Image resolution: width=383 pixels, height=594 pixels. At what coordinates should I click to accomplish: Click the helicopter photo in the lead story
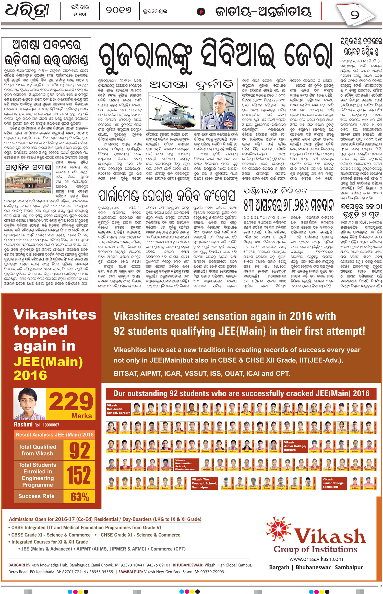(x=173, y=111)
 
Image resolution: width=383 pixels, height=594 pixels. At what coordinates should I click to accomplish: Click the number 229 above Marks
(x=71, y=402)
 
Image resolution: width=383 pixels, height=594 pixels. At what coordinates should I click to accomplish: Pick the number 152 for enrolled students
(x=79, y=475)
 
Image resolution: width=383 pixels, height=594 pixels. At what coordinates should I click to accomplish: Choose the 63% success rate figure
(x=79, y=497)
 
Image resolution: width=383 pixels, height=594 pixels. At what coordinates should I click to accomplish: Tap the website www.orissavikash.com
(x=316, y=559)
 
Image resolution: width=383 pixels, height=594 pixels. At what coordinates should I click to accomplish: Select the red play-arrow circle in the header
(x=201, y=11)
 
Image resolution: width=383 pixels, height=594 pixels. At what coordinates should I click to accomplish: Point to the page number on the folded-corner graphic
(x=355, y=15)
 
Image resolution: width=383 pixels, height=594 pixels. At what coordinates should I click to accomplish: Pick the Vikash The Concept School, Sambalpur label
(x=204, y=483)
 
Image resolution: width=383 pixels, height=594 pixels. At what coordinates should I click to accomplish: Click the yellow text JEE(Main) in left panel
(x=48, y=362)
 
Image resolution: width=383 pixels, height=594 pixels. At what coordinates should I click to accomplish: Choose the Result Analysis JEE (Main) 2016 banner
(x=54, y=435)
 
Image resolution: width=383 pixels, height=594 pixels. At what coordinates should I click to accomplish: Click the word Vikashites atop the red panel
(x=55, y=314)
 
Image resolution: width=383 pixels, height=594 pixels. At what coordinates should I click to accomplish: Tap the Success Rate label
(x=36, y=496)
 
